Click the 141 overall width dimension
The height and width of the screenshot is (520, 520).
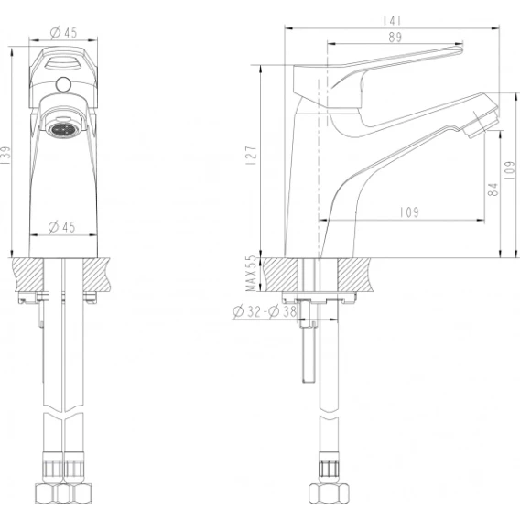point(392,21)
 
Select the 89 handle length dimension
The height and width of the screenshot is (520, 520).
point(395,37)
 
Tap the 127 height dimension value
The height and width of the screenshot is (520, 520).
point(252,156)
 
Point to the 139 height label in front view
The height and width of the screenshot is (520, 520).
point(6,156)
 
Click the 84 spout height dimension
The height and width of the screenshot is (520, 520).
point(493,190)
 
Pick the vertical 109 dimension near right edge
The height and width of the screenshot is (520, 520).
point(509,170)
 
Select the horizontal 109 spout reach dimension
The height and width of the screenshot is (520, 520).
point(409,212)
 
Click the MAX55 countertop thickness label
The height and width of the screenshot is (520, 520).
point(252,273)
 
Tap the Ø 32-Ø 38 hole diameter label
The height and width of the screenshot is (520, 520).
point(265,311)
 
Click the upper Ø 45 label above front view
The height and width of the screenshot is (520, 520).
point(64,33)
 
